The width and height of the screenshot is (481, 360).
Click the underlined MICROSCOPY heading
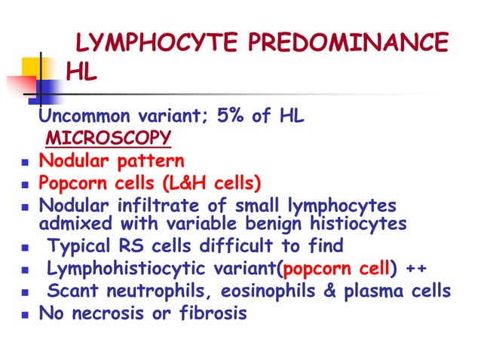click(108, 139)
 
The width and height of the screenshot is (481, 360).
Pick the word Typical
click(79, 246)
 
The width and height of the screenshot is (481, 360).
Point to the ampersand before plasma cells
click(329, 291)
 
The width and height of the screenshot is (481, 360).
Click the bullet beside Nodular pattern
click(26, 162)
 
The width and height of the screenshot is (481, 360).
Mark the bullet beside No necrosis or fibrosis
click(26, 314)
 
